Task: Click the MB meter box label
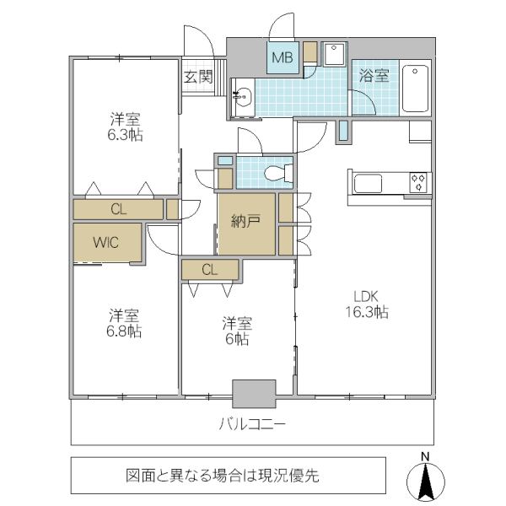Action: pyautogui.click(x=282, y=59)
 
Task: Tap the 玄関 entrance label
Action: pyautogui.click(x=198, y=77)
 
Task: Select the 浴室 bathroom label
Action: pyautogui.click(x=374, y=76)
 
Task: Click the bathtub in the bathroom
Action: pyautogui.click(x=416, y=88)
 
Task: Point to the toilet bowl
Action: pyautogui.click(x=276, y=175)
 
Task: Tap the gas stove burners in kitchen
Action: pyautogui.click(x=419, y=181)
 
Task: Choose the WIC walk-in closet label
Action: pyautogui.click(x=106, y=243)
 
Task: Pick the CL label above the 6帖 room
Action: pyautogui.click(x=210, y=270)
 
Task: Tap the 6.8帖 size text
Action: pyautogui.click(x=124, y=331)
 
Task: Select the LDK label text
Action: pyautogui.click(x=365, y=296)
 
